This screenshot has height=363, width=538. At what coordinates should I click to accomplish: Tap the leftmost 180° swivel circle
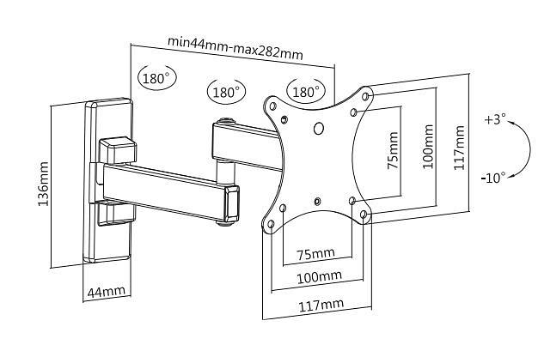[156, 77]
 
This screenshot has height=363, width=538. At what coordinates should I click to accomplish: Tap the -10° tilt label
[493, 177]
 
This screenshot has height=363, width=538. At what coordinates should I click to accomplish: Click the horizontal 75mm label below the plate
[315, 254]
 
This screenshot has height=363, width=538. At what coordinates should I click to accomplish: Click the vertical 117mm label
[460, 148]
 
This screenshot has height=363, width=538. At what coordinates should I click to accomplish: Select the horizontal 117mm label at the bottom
[321, 305]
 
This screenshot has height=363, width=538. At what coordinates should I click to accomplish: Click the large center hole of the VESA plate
[320, 129]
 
